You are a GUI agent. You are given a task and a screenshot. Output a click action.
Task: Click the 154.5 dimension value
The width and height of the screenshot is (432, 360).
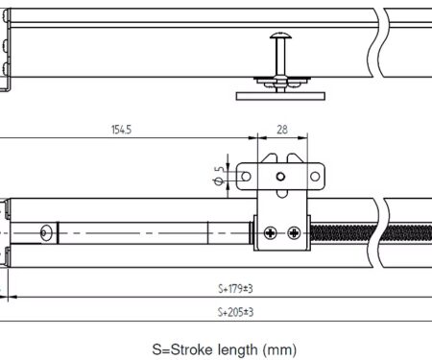pyautogui.click(x=121, y=130)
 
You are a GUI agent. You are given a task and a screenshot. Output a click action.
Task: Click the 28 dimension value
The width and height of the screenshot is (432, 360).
pyautogui.click(x=282, y=130)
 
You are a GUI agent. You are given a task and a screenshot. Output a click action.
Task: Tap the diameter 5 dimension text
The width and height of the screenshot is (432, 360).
pyautogui.click(x=219, y=176)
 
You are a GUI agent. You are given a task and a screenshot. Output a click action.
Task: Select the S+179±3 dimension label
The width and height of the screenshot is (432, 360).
pyautogui.click(x=235, y=289)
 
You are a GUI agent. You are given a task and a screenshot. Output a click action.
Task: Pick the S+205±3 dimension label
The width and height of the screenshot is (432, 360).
pyautogui.click(x=235, y=312)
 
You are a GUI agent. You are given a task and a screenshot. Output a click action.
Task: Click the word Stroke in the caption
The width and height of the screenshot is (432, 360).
pyautogui.click(x=192, y=349)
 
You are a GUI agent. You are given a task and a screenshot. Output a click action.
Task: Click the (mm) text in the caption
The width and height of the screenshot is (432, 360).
pyautogui.click(x=279, y=349)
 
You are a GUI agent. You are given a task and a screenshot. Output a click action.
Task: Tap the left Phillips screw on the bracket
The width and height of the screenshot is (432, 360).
pyautogui.click(x=271, y=232)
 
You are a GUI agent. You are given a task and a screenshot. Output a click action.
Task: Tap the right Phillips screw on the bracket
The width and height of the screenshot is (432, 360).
pyautogui.click(x=294, y=232)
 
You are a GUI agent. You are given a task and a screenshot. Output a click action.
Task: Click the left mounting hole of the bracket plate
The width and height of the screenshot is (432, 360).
pyautogui.click(x=246, y=177)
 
